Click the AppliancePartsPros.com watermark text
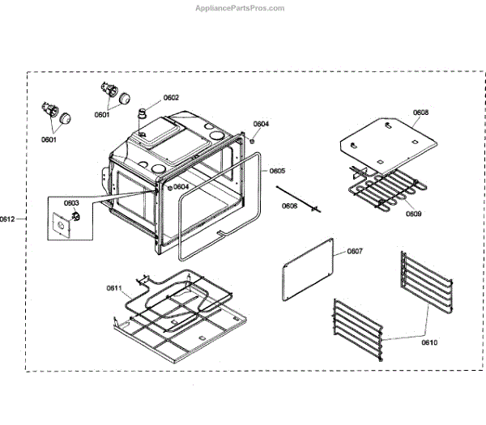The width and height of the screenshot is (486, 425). [x=241, y=7]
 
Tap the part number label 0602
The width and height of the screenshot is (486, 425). [x=171, y=98]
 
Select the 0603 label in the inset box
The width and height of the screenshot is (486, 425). [x=71, y=203]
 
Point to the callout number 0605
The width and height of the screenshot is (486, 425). [x=277, y=171]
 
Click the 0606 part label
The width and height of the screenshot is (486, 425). [x=289, y=206]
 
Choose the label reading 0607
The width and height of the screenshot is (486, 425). [x=355, y=251]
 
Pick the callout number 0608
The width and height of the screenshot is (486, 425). [x=420, y=113]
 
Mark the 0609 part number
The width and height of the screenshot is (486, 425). [x=413, y=214]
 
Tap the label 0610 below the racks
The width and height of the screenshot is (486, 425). [x=428, y=342]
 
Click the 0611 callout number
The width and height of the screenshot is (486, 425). [x=114, y=288]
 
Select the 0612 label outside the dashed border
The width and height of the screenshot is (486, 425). [x=7, y=219]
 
